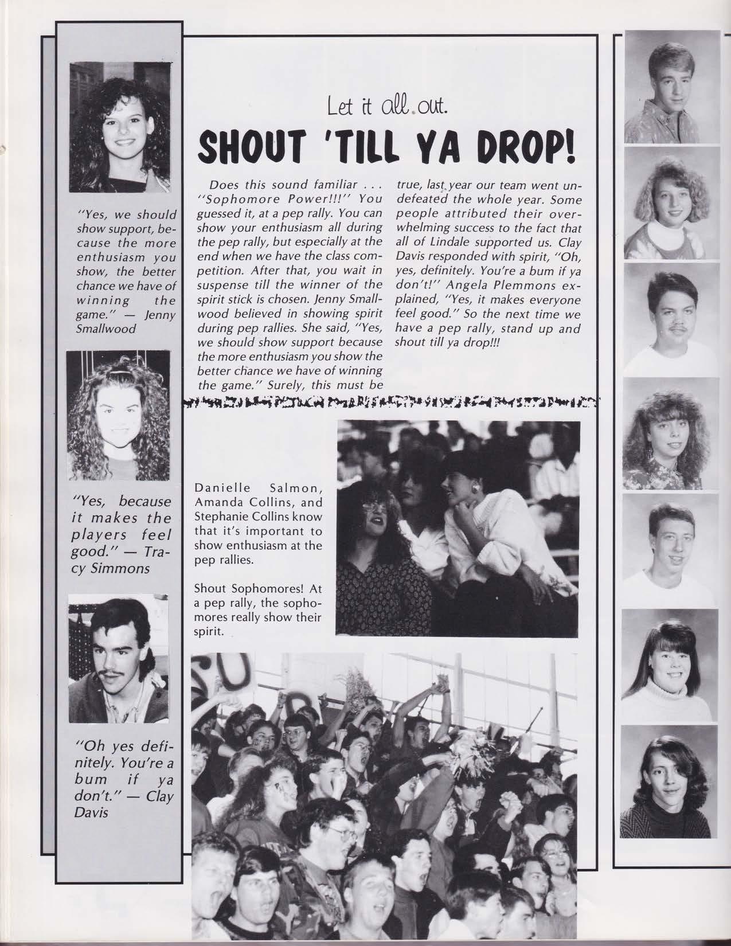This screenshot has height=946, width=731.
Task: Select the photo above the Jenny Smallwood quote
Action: point(120,127)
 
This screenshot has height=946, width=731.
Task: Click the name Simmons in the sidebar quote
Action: point(122,569)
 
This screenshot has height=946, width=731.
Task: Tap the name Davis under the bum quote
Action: point(91,813)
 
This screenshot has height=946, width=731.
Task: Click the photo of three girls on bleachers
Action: point(457,527)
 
